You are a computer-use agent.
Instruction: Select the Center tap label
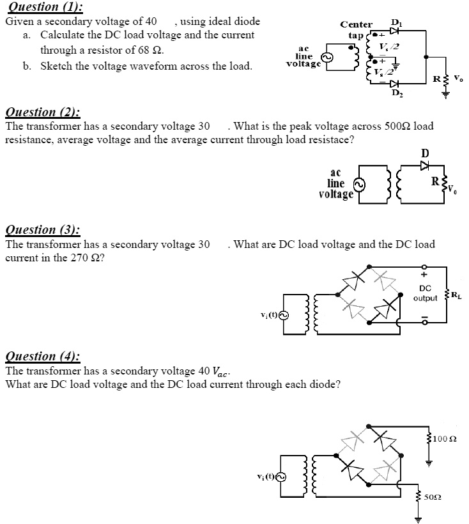pos(356,29)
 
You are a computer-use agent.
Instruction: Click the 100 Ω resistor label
pos(446,438)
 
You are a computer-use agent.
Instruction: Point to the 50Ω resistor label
pos(436,496)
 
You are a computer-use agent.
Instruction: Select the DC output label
pos(425,293)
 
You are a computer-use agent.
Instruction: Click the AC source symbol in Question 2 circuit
pos(360,185)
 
